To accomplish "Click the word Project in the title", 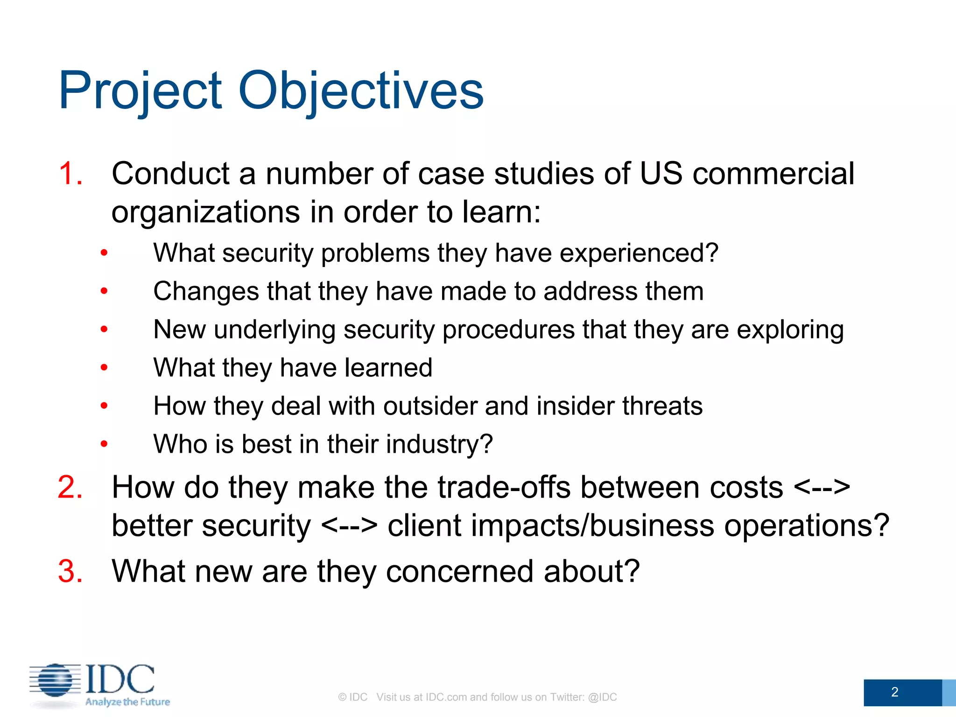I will (x=140, y=91).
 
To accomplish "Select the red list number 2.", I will (x=70, y=487).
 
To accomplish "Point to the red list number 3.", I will (x=70, y=571).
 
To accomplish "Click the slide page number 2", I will (x=894, y=692).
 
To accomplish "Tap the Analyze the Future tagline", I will (x=127, y=702).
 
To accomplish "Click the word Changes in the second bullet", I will (x=206, y=292).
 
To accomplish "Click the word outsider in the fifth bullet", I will (x=430, y=406).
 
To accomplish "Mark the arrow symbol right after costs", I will (x=822, y=487).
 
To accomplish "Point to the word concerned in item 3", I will (x=460, y=571).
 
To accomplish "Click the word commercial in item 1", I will (x=773, y=174).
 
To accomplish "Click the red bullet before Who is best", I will (x=104, y=444).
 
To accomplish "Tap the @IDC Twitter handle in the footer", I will (x=602, y=697).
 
